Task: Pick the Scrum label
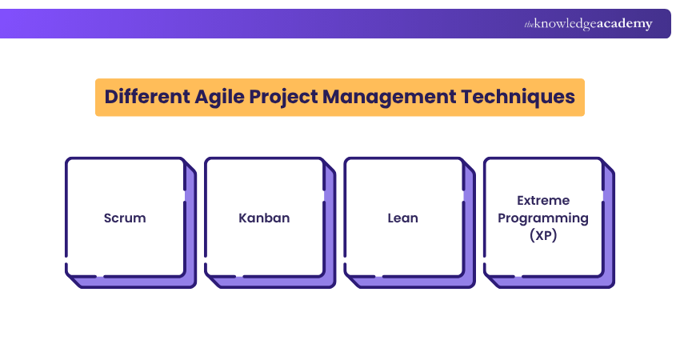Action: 125,218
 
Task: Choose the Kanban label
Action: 264,218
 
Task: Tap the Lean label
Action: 403,218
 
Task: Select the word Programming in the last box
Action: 543,218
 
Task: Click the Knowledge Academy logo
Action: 588,24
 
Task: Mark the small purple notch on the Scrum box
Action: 186,195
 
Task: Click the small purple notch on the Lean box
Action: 465,195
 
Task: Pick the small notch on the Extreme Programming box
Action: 604,195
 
